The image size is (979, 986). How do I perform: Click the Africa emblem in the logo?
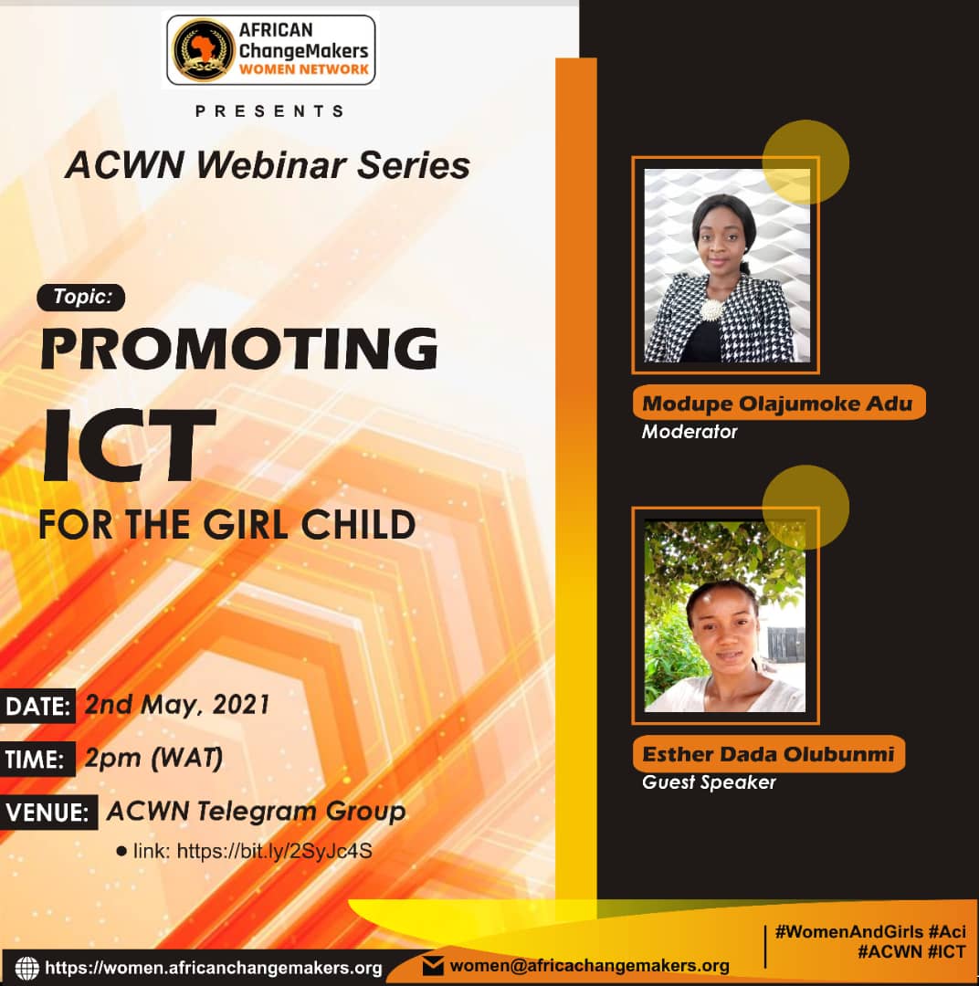203,49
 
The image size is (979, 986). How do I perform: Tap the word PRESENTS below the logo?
270,111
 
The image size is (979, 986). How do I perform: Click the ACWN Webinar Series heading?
268,164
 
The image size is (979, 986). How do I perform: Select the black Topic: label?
81,297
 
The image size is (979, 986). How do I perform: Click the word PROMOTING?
239,348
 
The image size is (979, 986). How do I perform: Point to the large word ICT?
129,444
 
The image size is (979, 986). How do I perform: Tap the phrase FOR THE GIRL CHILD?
227,524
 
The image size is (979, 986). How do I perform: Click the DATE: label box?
37,706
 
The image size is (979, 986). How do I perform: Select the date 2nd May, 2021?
177,705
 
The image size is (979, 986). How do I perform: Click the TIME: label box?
37,759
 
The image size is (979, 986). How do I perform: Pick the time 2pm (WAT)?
153,759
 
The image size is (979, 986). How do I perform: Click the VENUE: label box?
48,812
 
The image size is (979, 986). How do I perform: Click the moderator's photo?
727,266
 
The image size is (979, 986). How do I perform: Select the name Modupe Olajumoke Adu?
777,404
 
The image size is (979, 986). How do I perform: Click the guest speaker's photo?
725,615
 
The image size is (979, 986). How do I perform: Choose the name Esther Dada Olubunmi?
768,753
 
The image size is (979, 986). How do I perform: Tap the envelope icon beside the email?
433,966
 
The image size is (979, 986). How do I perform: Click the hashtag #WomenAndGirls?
848,931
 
